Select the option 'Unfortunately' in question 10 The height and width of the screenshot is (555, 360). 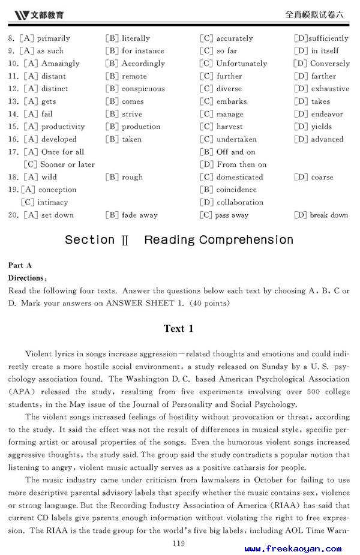pyautogui.click(x=241, y=64)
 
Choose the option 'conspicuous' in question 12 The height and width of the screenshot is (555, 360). pyautogui.click(x=143, y=89)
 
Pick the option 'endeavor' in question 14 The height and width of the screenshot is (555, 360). pyautogui.click(x=326, y=114)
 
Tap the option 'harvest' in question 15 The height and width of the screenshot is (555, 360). pyautogui.click(x=229, y=127)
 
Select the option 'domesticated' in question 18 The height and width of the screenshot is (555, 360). pyautogui.click(x=239, y=177)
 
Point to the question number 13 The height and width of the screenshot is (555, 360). pyautogui.click(x=13, y=101)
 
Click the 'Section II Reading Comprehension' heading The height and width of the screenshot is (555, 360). pyautogui.click(x=179, y=240)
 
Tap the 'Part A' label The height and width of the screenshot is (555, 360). pyautogui.click(x=20, y=265)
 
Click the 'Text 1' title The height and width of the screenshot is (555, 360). pyautogui.click(x=179, y=329)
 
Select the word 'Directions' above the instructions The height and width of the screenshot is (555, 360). pyautogui.click(x=26, y=278)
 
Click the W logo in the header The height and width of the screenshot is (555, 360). pyautogui.click(x=22, y=14)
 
